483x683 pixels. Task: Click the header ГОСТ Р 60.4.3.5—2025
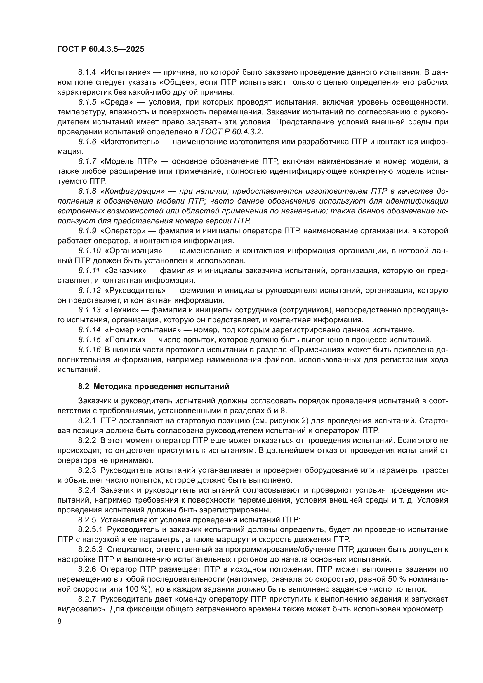100,49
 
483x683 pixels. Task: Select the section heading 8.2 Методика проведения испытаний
154,386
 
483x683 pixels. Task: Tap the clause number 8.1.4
87,72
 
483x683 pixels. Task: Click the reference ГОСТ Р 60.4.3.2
232,132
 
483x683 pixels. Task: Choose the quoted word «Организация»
133,251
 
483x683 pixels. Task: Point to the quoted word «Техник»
122,310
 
